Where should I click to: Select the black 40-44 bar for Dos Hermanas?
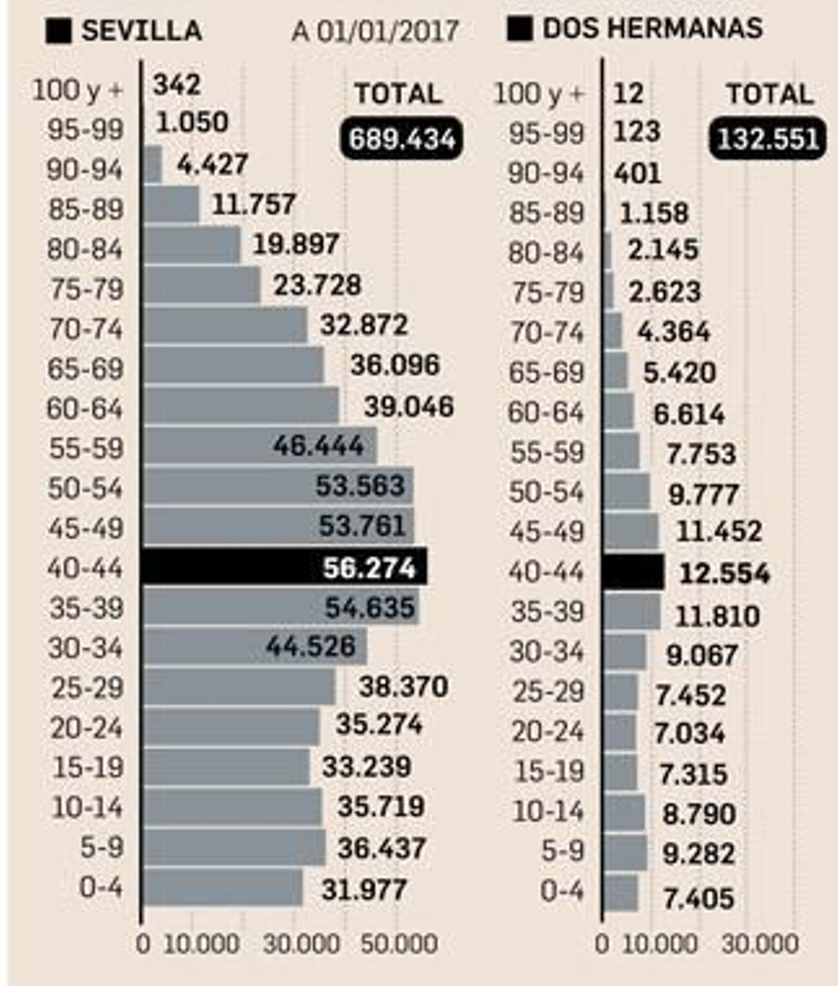click(634, 572)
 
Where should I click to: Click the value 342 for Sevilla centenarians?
click(177, 85)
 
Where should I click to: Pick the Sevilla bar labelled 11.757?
click(172, 204)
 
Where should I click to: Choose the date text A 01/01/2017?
click(375, 31)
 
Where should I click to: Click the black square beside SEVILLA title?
click(58, 31)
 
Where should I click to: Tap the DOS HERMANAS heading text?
click(652, 28)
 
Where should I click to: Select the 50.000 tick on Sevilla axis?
click(399, 944)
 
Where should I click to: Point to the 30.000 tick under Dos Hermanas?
click(760, 944)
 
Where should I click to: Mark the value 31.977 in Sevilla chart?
click(364, 890)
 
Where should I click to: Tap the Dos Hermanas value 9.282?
click(699, 854)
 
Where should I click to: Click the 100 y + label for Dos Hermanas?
click(539, 95)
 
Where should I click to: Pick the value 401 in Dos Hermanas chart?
click(637, 173)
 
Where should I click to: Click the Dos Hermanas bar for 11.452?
click(632, 531)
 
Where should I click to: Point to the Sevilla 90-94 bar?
click(153, 165)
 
